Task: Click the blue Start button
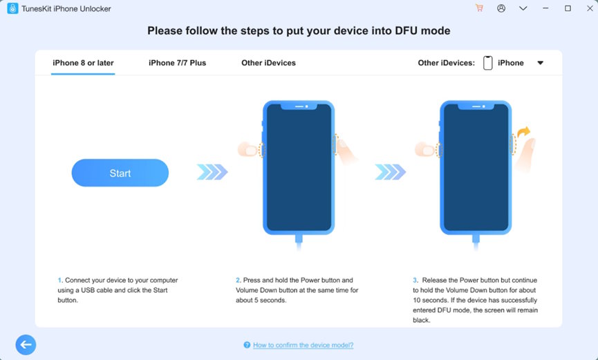point(120,173)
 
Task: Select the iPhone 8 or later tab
point(83,63)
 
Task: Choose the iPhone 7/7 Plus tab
point(177,63)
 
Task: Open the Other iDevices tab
point(268,63)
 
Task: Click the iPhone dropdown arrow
point(540,63)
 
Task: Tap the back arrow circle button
point(26,344)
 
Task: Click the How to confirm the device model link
point(303,345)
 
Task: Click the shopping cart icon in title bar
point(479,8)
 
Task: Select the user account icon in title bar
point(501,8)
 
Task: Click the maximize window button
point(568,8)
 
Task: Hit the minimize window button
point(545,8)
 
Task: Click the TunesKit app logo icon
point(12,8)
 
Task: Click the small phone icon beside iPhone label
point(487,63)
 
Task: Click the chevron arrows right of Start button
point(212,171)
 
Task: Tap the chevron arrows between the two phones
point(391,171)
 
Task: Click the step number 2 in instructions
point(238,281)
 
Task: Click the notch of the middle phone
point(299,106)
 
